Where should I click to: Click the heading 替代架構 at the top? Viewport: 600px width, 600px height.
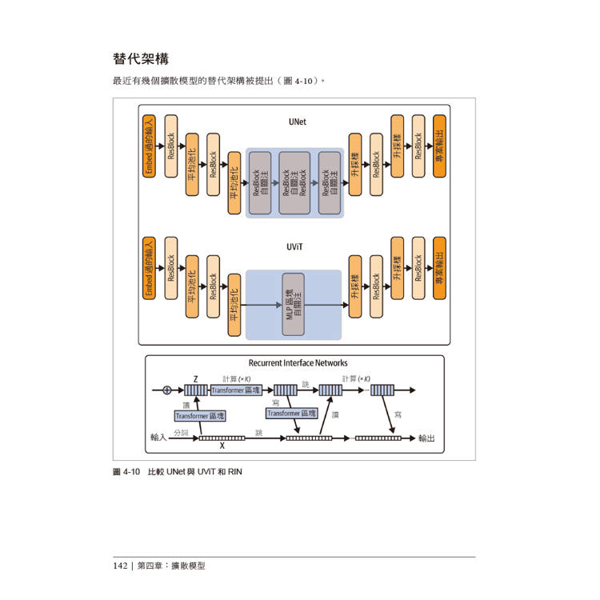pyautogui.click(x=141, y=59)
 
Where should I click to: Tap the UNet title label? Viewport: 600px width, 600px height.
pyautogui.click(x=297, y=122)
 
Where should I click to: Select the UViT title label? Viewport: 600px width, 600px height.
pyautogui.click(x=294, y=247)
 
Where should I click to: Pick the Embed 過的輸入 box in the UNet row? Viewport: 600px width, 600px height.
pyautogui.click(x=149, y=145)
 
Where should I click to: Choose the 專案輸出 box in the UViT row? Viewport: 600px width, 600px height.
pyautogui.click(x=439, y=268)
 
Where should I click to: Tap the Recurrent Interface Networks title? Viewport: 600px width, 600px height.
pyautogui.click(x=298, y=363)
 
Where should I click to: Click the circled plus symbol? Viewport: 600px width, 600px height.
pyautogui.click(x=167, y=390)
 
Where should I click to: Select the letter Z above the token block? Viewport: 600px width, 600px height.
pyautogui.click(x=195, y=378)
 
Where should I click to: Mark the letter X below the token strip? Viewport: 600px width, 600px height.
pyautogui.click(x=222, y=446)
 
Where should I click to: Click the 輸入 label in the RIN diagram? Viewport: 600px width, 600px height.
pyautogui.click(x=158, y=438)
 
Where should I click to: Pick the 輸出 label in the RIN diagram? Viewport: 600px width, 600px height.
pyautogui.click(x=426, y=438)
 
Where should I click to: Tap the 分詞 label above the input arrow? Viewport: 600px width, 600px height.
pyautogui.click(x=180, y=432)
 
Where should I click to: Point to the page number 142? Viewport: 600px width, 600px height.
pyautogui.click(x=121, y=565)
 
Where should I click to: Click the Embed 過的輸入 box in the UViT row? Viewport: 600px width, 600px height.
pyautogui.click(x=149, y=268)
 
